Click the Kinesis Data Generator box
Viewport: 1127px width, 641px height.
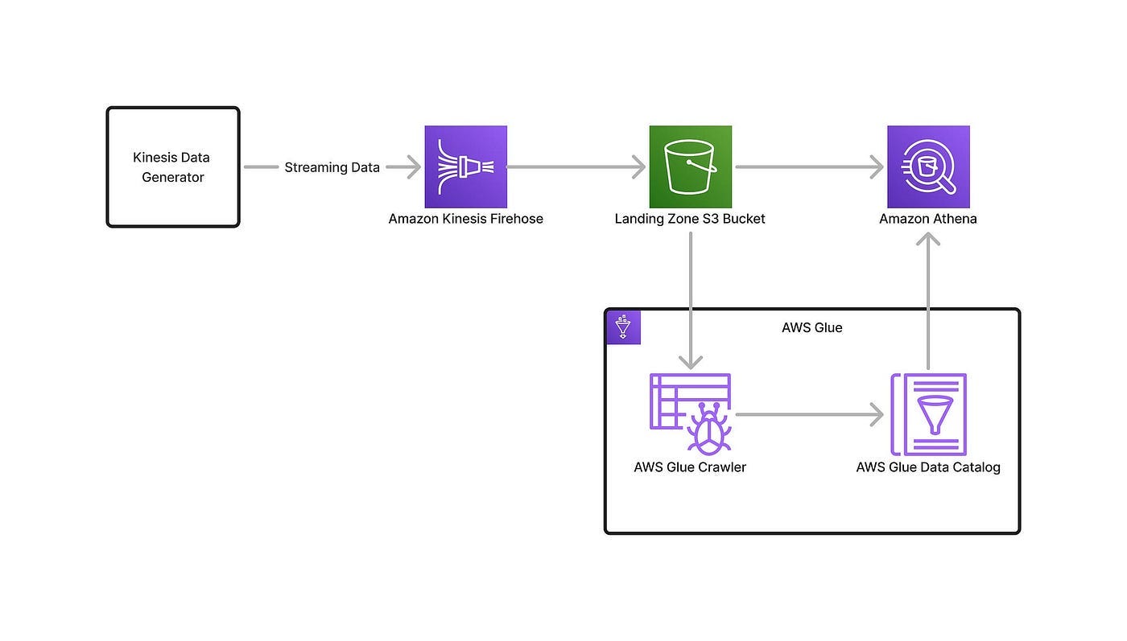(173, 167)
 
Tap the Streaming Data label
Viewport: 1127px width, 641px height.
(332, 167)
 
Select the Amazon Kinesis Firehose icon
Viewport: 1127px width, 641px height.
(466, 167)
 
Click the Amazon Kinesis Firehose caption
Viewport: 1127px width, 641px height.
(466, 219)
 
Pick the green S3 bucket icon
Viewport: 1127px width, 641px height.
(691, 167)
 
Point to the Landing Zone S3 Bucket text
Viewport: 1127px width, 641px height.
(690, 219)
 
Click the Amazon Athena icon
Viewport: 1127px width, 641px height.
(929, 167)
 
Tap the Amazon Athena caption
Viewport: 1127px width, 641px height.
(928, 219)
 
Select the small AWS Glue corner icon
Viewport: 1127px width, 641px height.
(624, 327)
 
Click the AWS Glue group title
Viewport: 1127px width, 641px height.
(812, 328)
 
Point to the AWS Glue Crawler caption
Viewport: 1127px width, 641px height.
(690, 467)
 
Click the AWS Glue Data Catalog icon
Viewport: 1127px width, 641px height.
(929, 414)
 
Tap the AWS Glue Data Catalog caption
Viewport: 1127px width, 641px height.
(928, 467)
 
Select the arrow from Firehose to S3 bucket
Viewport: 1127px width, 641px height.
(576, 167)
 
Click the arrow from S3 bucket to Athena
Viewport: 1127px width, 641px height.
(810, 167)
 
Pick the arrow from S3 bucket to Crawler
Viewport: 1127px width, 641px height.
(691, 300)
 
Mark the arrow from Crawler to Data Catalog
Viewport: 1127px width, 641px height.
(810, 415)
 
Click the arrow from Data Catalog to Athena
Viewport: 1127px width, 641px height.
(928, 301)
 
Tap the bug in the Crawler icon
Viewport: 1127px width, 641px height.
(709, 429)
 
